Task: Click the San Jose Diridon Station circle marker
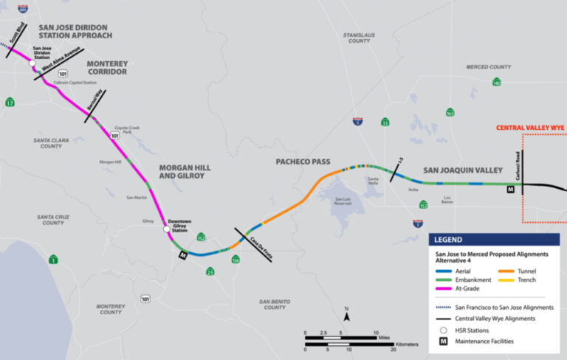pyautogui.click(x=32, y=64)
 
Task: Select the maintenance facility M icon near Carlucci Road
pyautogui.click(x=509, y=190)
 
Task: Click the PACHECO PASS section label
pyautogui.click(x=303, y=162)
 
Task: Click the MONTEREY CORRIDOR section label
pyautogui.click(x=106, y=68)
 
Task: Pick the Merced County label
pyautogui.click(x=488, y=67)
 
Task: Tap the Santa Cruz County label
pyautogui.click(x=53, y=219)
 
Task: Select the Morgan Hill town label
pyautogui.click(x=111, y=162)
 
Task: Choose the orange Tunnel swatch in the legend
pyautogui.click(x=498, y=271)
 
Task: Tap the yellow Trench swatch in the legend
pyautogui.click(x=498, y=280)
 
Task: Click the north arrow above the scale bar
pyautogui.click(x=346, y=316)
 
